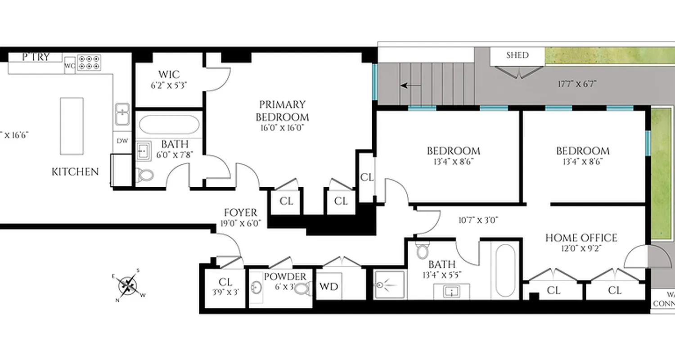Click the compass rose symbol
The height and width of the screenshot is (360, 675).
coord(128,285)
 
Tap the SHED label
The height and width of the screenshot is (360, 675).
coord(517,55)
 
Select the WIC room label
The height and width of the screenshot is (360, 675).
coord(169,74)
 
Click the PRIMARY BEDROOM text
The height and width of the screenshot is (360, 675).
coord(282,111)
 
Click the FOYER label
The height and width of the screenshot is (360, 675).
coord(241,213)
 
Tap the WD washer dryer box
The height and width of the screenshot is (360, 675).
coord(328,286)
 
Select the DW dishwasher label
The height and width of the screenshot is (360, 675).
coord(122,141)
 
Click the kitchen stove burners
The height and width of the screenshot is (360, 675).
coord(89,63)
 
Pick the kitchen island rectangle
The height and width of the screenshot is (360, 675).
coord(72,126)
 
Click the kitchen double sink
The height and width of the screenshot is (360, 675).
coord(122,114)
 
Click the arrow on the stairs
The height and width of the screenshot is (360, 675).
coord(411,85)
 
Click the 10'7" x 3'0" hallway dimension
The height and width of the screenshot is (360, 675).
coord(478,220)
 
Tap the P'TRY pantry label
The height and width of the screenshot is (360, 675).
coord(36,57)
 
